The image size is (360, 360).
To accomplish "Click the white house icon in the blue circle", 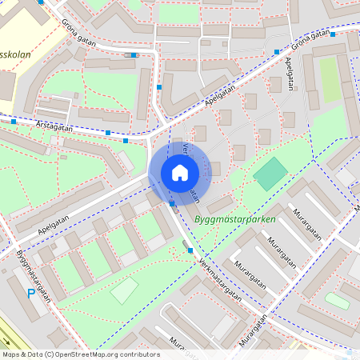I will [x=179, y=172].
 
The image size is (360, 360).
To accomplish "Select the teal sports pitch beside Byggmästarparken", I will [x=270, y=174].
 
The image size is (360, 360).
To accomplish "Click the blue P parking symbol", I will [x=31, y=294].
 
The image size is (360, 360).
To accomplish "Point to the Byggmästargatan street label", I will [x=32, y=273].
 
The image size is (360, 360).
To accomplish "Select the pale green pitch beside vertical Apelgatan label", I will [x=329, y=79].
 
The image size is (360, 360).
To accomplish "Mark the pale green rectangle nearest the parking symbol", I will [x=124, y=290].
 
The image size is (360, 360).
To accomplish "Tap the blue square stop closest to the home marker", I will [x=173, y=204].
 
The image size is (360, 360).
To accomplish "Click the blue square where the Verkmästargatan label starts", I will [x=190, y=250].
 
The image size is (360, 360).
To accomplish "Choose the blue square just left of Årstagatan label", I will [x=14, y=122].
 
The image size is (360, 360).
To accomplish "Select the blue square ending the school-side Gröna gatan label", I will [x=134, y=56].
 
